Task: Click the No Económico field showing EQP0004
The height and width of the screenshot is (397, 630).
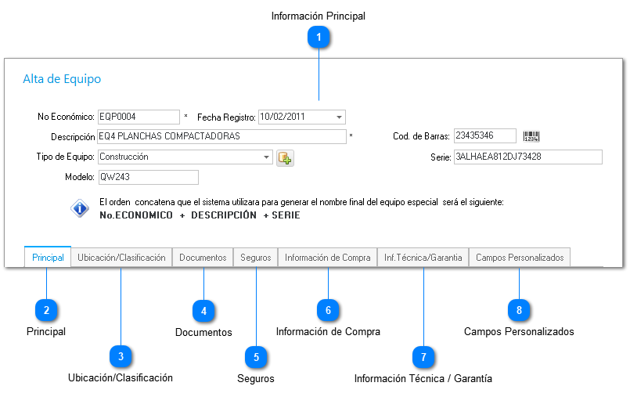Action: tap(139, 117)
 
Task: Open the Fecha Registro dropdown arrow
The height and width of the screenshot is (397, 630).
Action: tap(339, 117)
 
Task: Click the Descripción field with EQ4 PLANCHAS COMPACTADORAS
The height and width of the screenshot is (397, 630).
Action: tap(221, 136)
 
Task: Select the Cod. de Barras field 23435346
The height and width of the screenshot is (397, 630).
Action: tap(485, 135)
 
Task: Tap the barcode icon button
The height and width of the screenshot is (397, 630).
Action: tap(531, 136)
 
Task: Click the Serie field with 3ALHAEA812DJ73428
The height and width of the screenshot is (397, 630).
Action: tap(528, 157)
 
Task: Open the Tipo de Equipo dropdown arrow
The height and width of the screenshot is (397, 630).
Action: tap(266, 157)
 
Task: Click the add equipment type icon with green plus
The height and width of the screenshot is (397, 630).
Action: tap(285, 158)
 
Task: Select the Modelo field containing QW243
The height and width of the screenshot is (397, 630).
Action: tap(148, 177)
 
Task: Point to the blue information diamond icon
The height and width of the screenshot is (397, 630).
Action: tap(80, 208)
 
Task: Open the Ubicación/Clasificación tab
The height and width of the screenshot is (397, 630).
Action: tap(121, 258)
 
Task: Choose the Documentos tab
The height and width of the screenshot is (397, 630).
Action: tap(203, 258)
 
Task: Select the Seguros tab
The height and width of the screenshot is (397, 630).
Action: tap(256, 258)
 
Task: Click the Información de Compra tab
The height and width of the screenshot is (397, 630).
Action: tap(327, 258)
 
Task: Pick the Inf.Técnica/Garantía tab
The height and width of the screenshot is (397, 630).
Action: tap(423, 258)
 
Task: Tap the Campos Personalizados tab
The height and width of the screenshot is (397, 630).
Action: tap(520, 258)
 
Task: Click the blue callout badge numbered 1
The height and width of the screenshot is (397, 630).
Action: tap(319, 37)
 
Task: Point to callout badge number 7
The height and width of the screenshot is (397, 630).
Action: tap(423, 357)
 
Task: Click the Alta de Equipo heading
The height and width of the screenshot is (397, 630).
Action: tap(62, 79)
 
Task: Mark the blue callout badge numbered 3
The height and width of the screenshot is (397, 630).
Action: tap(121, 356)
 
